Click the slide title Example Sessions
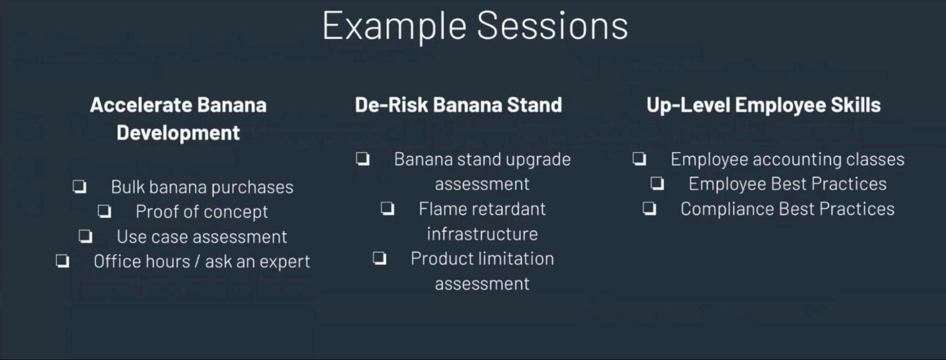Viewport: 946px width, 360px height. click(475, 26)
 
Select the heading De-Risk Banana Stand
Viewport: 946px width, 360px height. click(458, 105)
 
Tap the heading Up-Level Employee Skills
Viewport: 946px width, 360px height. click(763, 105)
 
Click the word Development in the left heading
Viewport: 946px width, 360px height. click(178, 133)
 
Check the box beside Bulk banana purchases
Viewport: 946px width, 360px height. click(80, 186)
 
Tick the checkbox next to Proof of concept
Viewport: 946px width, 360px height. click(105, 211)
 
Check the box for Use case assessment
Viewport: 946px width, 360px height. click(86, 236)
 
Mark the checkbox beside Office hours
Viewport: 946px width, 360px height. click(62, 261)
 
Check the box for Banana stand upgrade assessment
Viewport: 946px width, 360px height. click(363, 159)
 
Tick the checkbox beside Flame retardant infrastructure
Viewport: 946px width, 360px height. click(388, 208)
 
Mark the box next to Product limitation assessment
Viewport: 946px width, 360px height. click(380, 258)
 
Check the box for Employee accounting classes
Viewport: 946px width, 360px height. click(639, 159)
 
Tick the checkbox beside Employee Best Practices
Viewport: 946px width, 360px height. click(657, 183)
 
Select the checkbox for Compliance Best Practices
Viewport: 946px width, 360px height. click(649, 208)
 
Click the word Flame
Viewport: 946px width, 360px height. click(441, 209)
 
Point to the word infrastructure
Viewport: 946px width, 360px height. click(482, 234)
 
